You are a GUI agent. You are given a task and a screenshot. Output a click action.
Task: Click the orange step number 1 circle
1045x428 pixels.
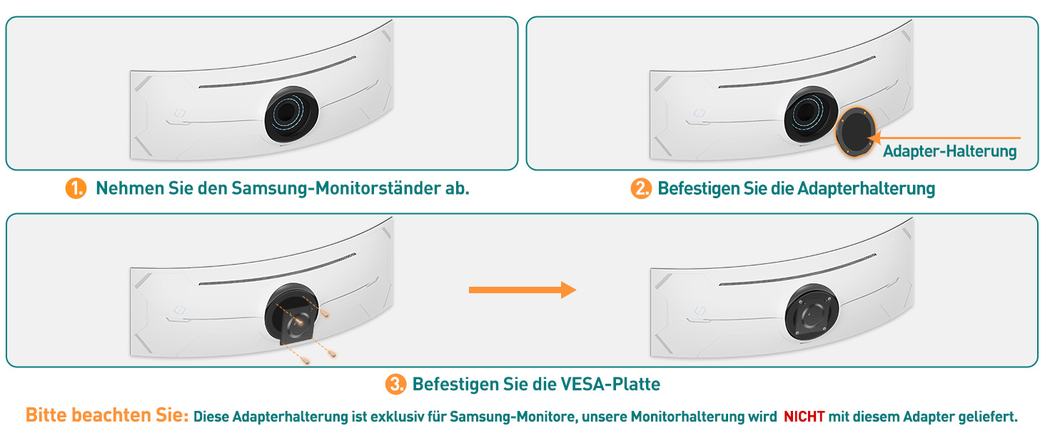point(76,188)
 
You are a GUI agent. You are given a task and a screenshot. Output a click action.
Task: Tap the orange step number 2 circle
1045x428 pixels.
point(640,189)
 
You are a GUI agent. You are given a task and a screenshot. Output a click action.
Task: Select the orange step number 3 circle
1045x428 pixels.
point(395,384)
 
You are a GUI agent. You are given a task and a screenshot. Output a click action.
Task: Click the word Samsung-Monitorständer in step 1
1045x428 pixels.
point(331,188)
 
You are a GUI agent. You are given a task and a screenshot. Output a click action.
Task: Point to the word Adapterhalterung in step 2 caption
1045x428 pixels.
point(866,189)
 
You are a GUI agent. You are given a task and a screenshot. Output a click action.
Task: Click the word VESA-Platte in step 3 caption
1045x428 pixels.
point(610,384)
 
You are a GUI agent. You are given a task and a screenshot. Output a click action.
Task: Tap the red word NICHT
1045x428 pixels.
point(804,417)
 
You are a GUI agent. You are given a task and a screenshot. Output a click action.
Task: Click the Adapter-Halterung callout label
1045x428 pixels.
point(949,151)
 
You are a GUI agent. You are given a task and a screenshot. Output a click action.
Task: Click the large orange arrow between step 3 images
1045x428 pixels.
point(522,290)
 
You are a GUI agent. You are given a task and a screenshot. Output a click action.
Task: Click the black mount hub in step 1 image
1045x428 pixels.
point(291,114)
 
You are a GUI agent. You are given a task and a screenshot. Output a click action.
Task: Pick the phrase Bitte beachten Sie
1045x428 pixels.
point(107,415)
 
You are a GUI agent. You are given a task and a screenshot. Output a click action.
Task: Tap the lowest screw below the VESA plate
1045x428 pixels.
point(306,360)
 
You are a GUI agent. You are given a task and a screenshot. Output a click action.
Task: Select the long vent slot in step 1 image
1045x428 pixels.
point(277,72)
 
